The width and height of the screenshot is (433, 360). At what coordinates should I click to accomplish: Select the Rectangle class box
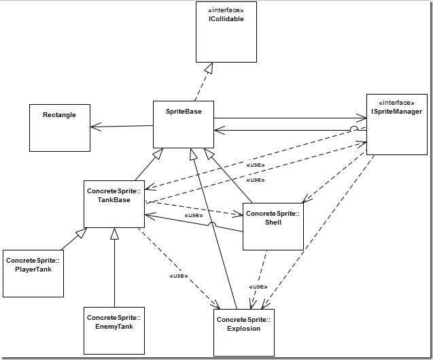coord(59,127)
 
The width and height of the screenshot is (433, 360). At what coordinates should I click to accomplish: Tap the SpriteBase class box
coord(184,125)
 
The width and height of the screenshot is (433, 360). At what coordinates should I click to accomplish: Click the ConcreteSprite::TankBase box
coord(114,203)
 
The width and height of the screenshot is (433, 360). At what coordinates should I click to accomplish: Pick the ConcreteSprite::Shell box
coord(273,225)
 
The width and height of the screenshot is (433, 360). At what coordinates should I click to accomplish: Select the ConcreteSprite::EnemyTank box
coord(114,330)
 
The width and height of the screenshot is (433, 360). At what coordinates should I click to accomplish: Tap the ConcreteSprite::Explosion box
coord(243,332)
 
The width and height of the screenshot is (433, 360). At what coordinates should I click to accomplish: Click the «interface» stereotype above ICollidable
coord(226,11)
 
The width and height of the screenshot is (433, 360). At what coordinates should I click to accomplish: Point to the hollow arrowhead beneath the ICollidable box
coord(211,68)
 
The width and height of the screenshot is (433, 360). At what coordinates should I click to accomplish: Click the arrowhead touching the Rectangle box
coord(94,127)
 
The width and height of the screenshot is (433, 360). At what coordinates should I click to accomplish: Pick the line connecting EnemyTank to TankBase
coord(115,272)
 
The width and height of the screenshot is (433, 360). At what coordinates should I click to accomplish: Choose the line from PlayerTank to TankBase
coord(71,238)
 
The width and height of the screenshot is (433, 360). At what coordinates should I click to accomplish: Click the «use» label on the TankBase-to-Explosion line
coord(178,276)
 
